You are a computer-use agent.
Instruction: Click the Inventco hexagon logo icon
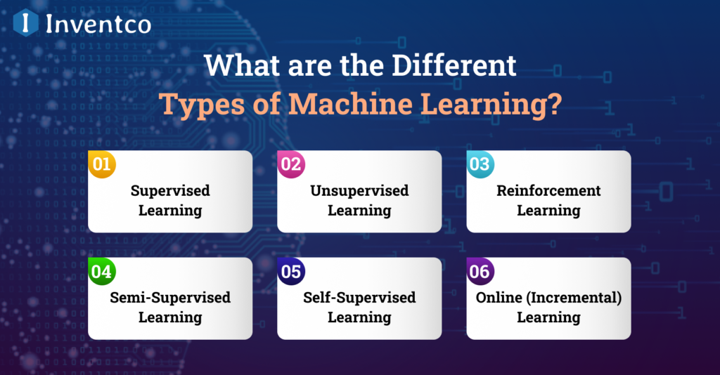[x=26, y=23]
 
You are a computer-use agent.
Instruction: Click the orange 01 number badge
[x=102, y=165]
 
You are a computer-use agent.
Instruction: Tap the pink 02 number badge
[x=291, y=165]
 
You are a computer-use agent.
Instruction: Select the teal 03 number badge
[x=480, y=165]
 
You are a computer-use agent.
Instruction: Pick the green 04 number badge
[x=102, y=272]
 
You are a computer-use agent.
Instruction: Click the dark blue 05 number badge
[x=291, y=272]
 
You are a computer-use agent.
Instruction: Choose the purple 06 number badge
[x=480, y=272]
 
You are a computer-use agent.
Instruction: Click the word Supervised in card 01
[x=170, y=191]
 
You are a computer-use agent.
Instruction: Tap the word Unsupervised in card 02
[x=359, y=191]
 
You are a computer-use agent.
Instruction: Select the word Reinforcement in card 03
[x=548, y=191]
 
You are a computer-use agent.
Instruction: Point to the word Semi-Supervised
[x=170, y=298]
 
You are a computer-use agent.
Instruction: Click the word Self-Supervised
[x=359, y=298]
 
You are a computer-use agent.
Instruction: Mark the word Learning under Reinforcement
[x=548, y=211]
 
